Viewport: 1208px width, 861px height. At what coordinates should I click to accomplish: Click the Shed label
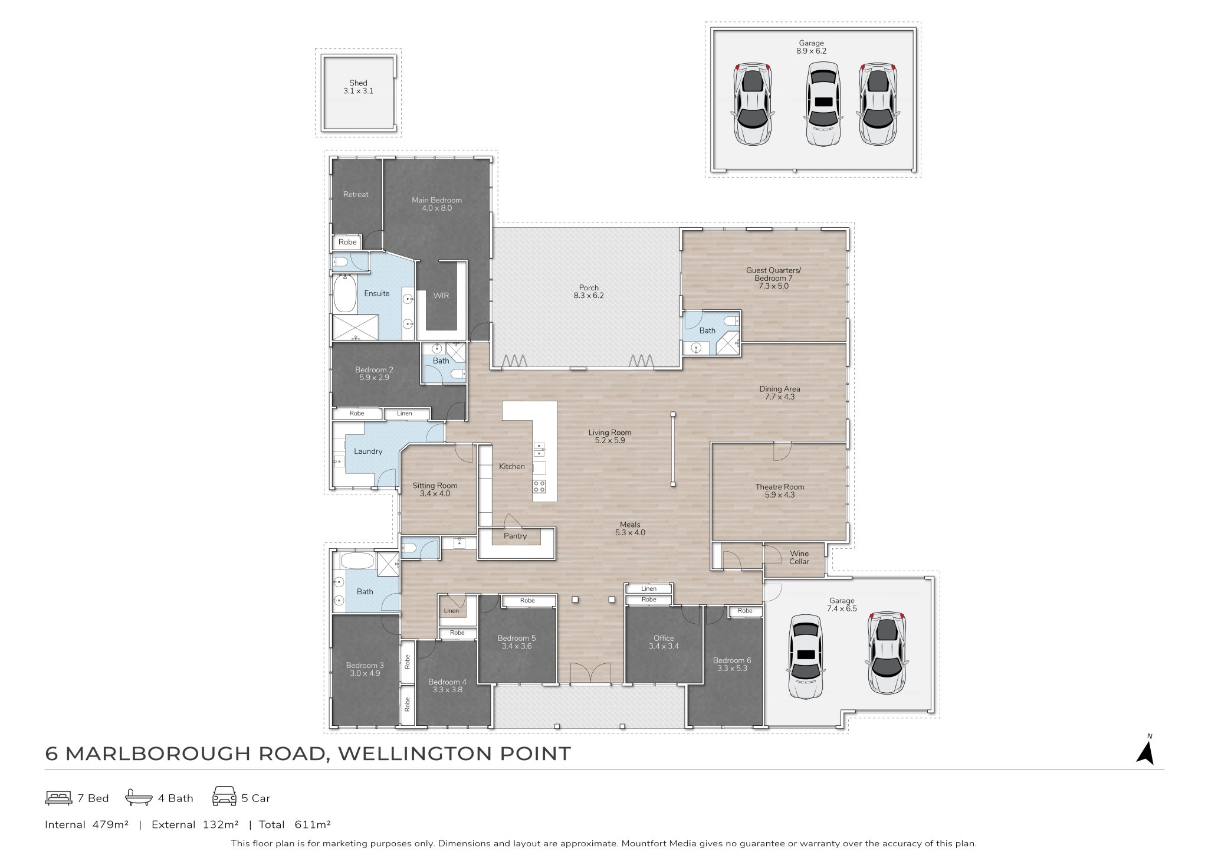[358, 83]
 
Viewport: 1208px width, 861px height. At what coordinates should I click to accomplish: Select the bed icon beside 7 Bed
[58, 798]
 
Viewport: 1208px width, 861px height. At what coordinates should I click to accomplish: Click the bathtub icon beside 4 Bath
[139, 798]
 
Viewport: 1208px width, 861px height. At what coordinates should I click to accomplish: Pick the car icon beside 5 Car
[224, 796]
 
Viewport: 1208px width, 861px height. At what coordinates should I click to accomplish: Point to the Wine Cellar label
[799, 557]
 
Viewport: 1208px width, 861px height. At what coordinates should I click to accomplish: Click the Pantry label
[515, 536]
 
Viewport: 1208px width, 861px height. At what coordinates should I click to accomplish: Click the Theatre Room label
[780, 487]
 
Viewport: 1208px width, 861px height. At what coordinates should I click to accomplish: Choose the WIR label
[441, 295]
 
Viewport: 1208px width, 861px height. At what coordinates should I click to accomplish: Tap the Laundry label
[368, 451]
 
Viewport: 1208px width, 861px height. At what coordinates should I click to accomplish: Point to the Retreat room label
[356, 194]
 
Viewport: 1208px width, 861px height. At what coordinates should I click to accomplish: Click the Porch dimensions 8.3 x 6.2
[589, 296]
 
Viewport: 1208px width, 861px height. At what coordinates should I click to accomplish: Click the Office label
[664, 638]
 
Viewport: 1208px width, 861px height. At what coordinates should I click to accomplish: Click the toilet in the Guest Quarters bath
[731, 322]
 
